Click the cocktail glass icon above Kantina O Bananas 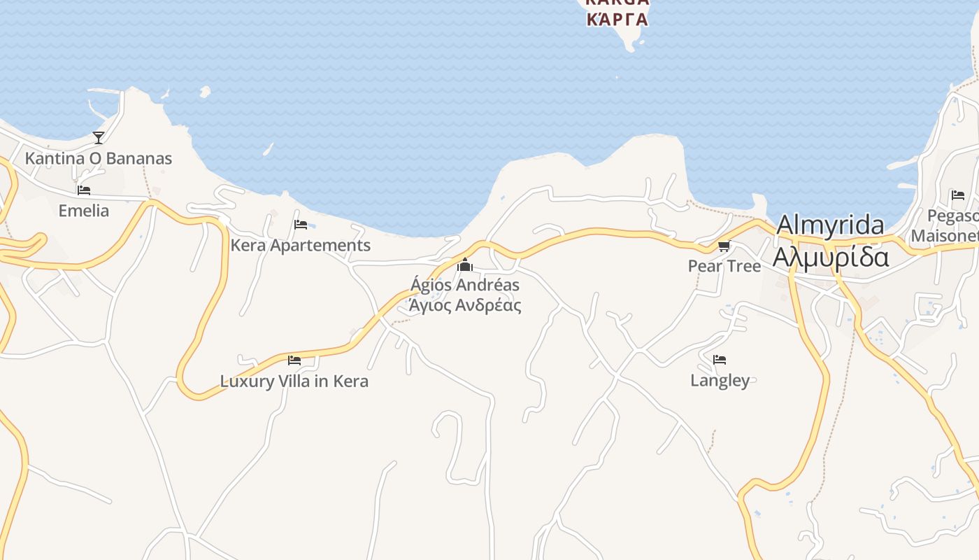click(x=99, y=137)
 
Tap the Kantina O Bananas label click(x=99, y=158)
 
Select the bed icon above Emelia click(x=84, y=190)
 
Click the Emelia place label click(x=84, y=211)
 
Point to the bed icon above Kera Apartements click(x=301, y=225)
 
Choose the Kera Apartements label click(x=301, y=246)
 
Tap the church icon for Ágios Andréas click(x=465, y=265)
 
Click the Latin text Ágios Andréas click(x=465, y=285)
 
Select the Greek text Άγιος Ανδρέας click(x=465, y=305)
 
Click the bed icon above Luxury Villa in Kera click(x=294, y=360)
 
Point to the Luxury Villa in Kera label click(x=294, y=381)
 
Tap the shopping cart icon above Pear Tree click(x=724, y=246)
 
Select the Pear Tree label click(x=724, y=266)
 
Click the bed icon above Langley click(x=720, y=360)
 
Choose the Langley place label click(x=720, y=381)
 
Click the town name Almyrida click(x=830, y=225)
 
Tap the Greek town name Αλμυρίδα click(x=831, y=256)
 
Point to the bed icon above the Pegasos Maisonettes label click(x=958, y=195)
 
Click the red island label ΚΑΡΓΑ click(x=617, y=19)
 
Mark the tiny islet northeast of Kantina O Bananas click(x=205, y=91)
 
